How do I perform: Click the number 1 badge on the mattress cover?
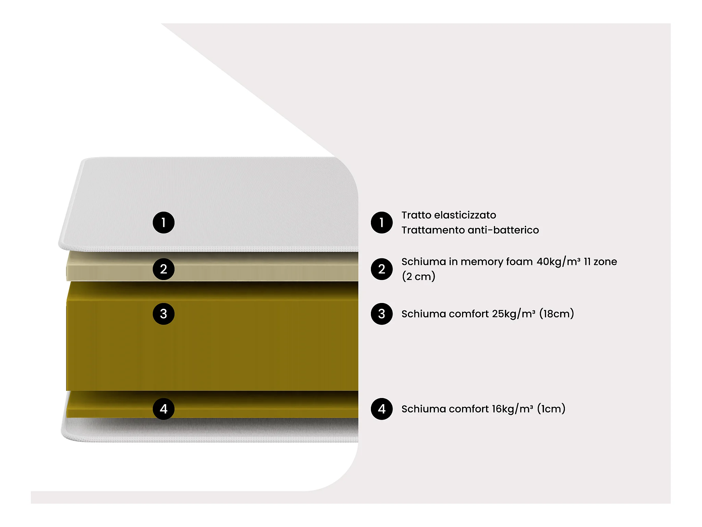coord(164,222)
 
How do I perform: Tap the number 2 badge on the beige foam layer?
coord(164,269)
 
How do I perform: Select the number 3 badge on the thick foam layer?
coord(164,314)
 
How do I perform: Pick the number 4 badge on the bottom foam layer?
coord(164,409)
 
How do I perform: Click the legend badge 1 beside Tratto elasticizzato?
coord(382,222)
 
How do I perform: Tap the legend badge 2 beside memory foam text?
coord(382,269)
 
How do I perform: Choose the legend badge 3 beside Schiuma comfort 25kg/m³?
coord(382,314)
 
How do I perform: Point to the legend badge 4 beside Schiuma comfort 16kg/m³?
coord(382,409)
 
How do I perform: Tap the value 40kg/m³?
coord(558,262)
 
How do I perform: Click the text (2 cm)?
coord(419,277)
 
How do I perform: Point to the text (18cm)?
coord(556,314)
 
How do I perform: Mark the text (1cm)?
coord(551,409)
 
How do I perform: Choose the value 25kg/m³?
coord(513,314)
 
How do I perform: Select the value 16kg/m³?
coord(512,409)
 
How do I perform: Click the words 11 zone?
coord(601,262)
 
